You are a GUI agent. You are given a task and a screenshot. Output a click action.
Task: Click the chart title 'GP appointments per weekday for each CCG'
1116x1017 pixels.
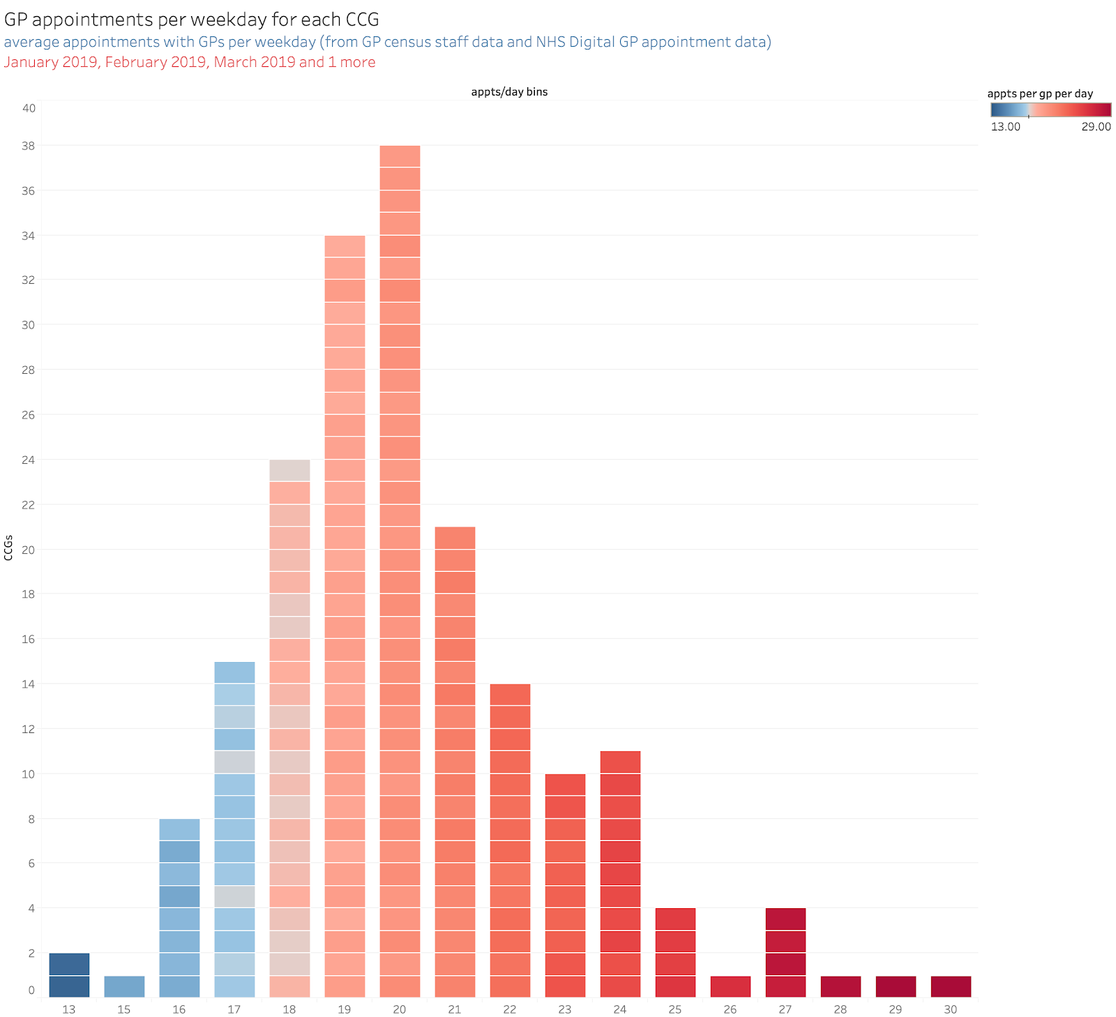click(192, 20)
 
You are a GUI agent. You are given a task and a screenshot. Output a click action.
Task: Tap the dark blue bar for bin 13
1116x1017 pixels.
click(69, 975)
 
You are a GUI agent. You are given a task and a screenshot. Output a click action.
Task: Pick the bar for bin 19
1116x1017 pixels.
click(345, 616)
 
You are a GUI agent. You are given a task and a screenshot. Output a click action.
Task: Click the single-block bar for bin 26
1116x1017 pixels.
click(730, 986)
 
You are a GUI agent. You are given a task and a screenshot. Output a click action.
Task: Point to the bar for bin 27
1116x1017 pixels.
click(785, 952)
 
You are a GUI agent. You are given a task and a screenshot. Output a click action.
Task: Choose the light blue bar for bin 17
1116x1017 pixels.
click(234, 829)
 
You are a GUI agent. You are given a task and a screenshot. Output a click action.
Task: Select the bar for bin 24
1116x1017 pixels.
click(620, 874)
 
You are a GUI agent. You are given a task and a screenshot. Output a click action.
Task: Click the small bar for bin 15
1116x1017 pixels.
click(124, 986)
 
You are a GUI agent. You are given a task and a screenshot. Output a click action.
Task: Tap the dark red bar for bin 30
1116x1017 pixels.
click(951, 986)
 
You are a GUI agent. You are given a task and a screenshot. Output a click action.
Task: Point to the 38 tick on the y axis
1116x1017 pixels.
click(29, 146)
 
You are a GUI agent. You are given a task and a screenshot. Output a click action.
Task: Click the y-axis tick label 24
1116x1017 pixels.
click(29, 460)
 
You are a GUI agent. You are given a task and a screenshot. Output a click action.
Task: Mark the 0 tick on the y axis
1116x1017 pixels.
click(31, 990)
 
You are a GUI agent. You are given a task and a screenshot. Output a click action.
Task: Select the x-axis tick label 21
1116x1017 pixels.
click(455, 1009)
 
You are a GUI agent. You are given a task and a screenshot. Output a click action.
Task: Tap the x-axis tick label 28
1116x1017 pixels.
click(840, 1009)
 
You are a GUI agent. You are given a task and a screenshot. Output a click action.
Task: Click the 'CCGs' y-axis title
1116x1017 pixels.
click(8, 548)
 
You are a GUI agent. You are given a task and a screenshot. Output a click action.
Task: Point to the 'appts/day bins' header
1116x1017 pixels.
click(509, 92)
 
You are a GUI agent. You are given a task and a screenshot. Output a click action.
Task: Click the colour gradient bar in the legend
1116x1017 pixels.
click(1050, 110)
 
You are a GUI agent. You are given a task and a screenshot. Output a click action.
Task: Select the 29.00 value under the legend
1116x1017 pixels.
click(1096, 127)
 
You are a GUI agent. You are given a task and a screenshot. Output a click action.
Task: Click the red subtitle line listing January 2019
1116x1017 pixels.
click(190, 62)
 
